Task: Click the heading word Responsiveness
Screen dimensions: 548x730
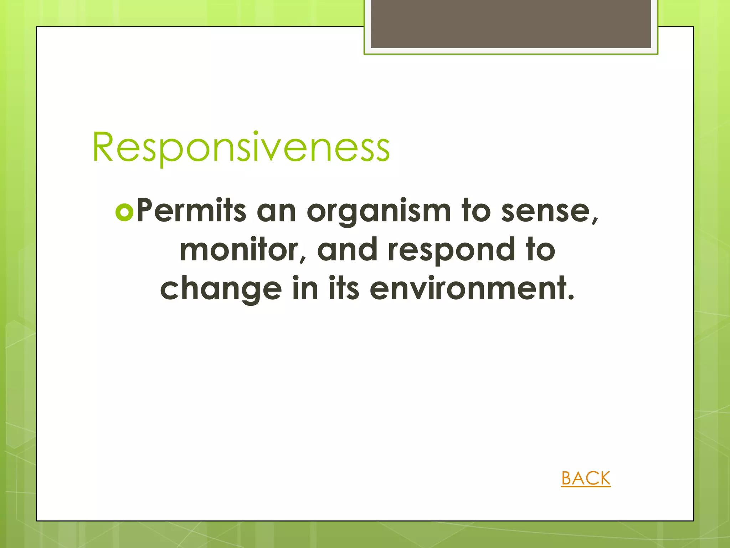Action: point(241,147)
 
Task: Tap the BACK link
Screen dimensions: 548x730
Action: point(586,478)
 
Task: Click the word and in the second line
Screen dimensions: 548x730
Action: point(347,250)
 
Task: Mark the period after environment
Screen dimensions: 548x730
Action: point(571,297)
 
